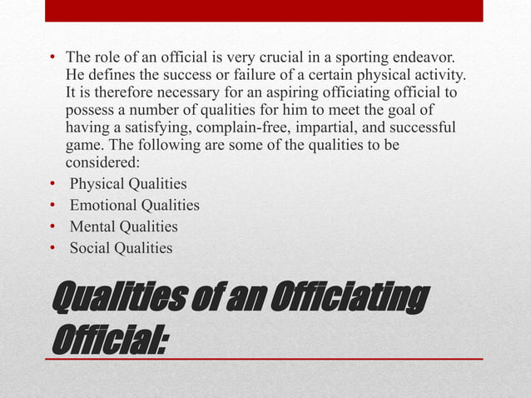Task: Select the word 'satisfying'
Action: (151, 132)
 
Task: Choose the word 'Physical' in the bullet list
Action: (96, 184)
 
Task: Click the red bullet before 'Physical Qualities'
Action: (52, 184)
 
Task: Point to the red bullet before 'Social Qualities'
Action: (52, 247)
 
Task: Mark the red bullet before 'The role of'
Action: (52, 58)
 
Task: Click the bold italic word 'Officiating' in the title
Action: (350, 297)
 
